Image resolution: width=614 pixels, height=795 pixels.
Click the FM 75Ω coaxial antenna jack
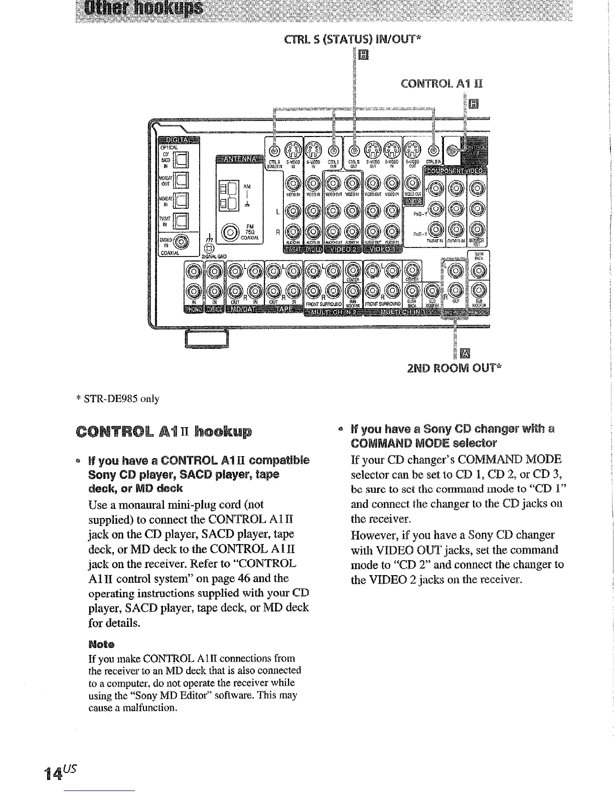click(x=231, y=232)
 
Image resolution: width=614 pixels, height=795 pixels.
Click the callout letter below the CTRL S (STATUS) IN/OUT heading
click(x=364, y=54)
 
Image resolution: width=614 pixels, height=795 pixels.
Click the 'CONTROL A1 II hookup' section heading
click(x=163, y=432)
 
